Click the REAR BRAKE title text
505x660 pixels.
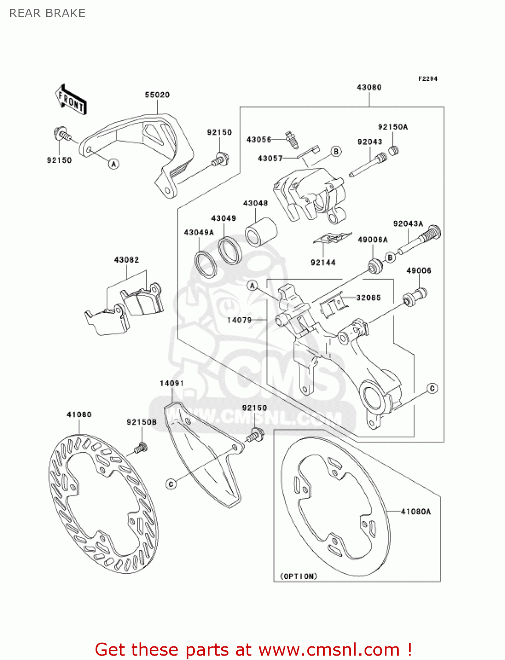[47, 13]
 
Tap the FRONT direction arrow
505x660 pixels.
[70, 100]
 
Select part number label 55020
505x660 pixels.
[157, 95]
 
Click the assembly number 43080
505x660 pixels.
[369, 87]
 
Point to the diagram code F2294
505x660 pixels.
[428, 79]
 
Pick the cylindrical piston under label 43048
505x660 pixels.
[261, 232]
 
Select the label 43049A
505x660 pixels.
[199, 232]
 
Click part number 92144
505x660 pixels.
[323, 263]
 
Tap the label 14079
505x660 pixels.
[239, 320]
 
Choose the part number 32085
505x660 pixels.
[368, 297]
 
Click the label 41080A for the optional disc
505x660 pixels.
[416, 511]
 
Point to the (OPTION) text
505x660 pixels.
[299, 576]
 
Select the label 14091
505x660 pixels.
[171, 383]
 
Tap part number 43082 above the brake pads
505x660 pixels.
[126, 260]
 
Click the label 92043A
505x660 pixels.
[408, 224]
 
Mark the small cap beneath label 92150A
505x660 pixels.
[394, 150]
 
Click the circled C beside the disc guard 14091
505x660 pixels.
[171, 484]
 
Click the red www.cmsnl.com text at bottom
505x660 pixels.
[329, 649]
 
